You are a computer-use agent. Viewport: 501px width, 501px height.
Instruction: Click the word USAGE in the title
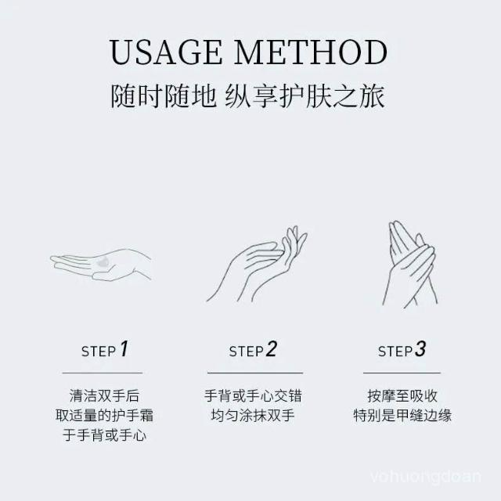click(165, 52)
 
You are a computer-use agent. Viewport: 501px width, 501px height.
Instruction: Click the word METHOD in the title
click(311, 52)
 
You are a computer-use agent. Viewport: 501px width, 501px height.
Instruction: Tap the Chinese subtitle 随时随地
click(164, 96)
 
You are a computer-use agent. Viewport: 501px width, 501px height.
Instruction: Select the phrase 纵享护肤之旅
click(305, 96)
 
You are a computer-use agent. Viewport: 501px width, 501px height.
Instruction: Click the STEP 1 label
click(105, 349)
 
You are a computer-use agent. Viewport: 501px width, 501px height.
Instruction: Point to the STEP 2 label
click(253, 349)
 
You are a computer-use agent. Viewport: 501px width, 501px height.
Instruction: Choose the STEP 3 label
click(402, 349)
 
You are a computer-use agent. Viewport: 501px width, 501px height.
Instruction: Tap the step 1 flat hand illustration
click(101, 265)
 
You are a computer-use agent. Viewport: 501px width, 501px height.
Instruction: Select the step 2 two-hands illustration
click(257, 265)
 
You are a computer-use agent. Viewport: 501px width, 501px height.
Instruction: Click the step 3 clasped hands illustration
click(409, 265)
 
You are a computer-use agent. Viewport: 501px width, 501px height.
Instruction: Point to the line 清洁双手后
click(104, 396)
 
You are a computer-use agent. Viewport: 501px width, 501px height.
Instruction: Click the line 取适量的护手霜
click(104, 416)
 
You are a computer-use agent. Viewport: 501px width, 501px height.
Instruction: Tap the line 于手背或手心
click(104, 435)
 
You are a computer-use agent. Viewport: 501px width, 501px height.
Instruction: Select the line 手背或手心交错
click(253, 396)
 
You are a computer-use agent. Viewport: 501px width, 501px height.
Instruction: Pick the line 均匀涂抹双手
click(253, 416)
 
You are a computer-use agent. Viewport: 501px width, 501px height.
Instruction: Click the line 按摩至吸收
click(402, 396)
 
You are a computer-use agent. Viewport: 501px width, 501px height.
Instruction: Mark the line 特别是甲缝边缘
click(402, 416)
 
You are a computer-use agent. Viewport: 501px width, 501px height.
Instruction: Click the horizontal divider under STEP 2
click(255, 373)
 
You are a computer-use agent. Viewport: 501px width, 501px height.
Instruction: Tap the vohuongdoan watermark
click(426, 477)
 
